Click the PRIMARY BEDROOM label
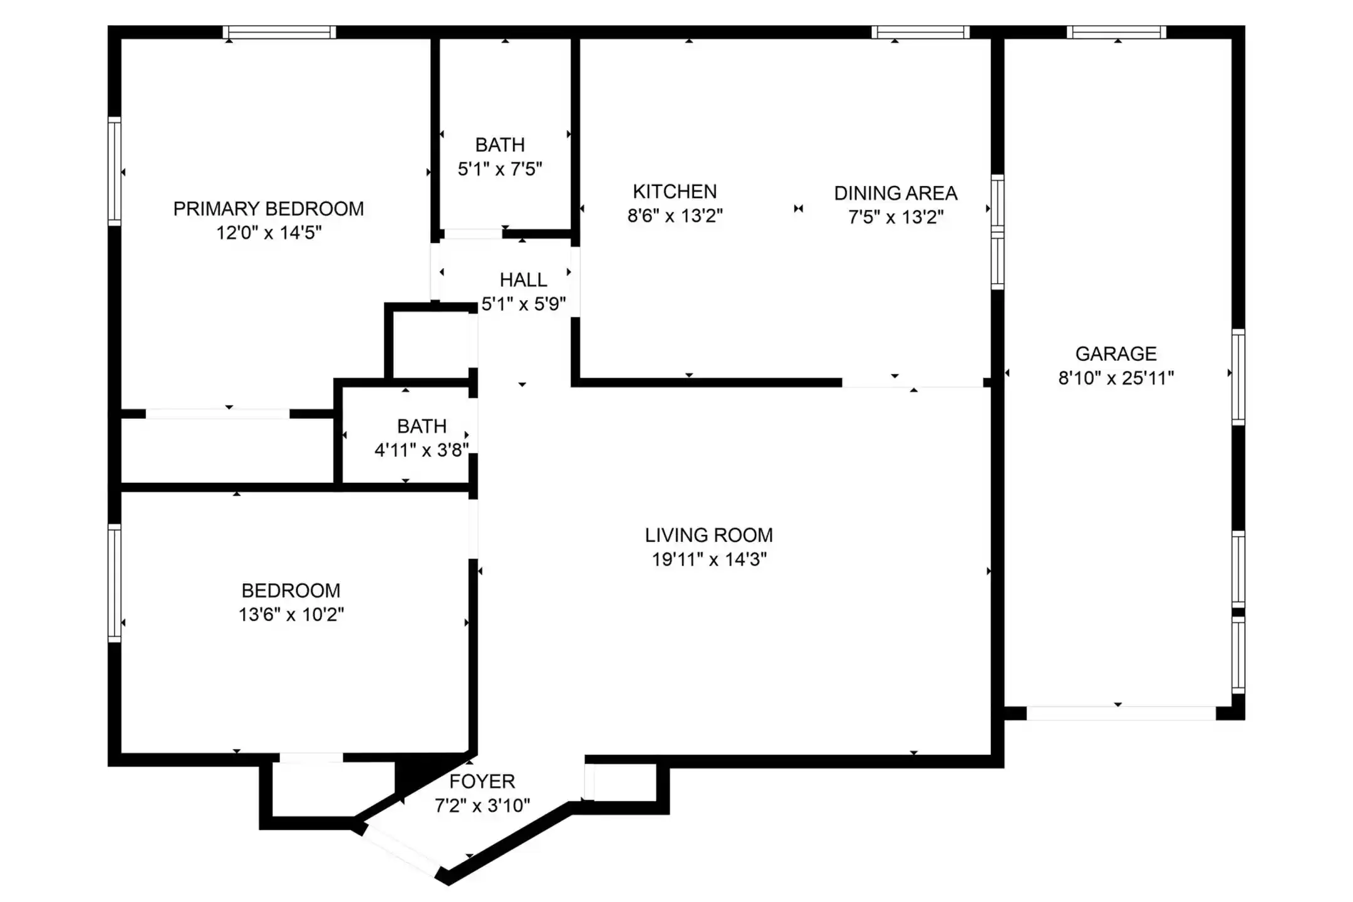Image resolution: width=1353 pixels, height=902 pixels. click(269, 209)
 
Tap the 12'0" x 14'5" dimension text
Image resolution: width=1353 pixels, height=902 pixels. click(269, 233)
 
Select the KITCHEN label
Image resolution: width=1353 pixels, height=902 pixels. click(675, 192)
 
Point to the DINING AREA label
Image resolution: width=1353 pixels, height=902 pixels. click(896, 193)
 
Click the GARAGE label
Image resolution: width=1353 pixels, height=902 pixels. click(1116, 354)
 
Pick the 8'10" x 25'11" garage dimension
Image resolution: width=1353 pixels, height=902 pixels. click(1116, 378)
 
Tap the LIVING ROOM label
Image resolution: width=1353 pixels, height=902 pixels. click(709, 535)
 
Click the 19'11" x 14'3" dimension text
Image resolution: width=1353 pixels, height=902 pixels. click(709, 559)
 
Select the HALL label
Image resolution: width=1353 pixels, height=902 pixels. click(523, 280)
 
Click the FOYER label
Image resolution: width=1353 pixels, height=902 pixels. click(482, 781)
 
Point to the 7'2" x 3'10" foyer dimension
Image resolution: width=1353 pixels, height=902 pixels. click(482, 806)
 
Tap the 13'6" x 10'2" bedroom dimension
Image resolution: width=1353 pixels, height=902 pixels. click(291, 614)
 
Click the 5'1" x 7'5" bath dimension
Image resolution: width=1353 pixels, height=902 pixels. click(500, 169)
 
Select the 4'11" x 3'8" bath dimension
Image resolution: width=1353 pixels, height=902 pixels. click(422, 450)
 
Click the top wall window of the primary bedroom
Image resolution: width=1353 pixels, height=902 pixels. click(279, 33)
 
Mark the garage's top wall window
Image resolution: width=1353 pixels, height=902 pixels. click(1116, 33)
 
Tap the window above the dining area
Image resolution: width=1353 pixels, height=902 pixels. click(920, 33)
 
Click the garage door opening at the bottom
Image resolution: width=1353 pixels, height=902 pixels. click(1121, 713)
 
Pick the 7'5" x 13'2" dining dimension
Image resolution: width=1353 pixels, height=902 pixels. click(896, 217)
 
